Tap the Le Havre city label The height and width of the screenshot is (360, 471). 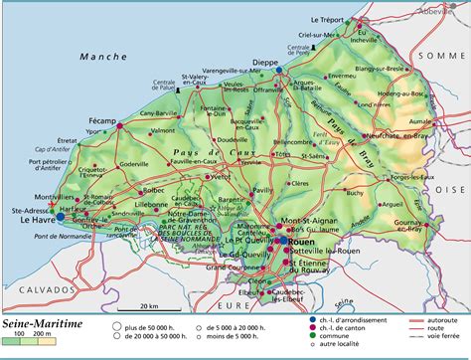37,221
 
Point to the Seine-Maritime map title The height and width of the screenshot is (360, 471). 42,322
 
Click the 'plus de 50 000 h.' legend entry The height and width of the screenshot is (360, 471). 154,324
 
